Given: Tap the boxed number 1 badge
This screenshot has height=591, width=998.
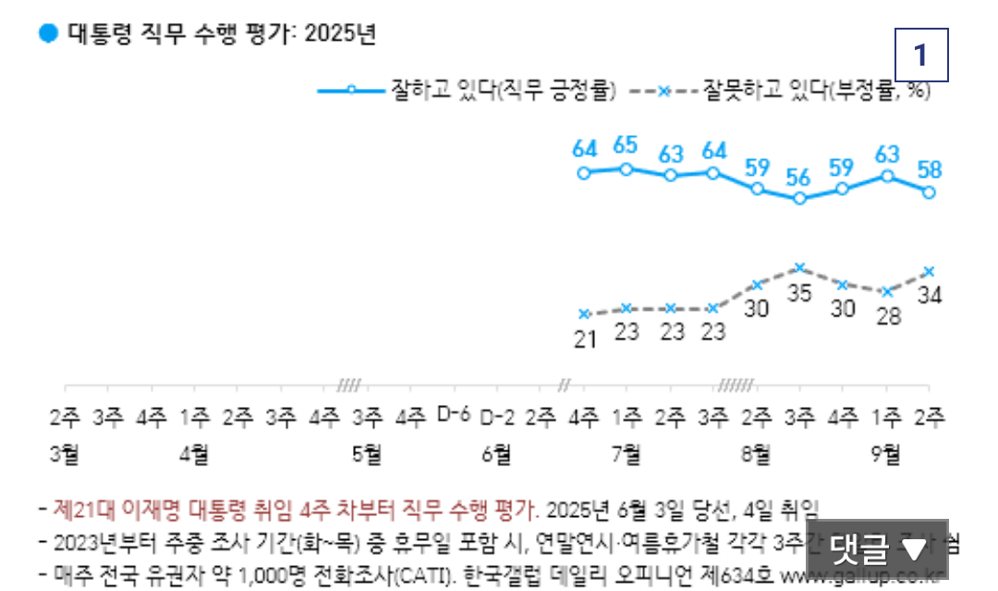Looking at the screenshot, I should click(920, 56).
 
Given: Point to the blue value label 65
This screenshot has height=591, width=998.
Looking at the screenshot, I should click(626, 146).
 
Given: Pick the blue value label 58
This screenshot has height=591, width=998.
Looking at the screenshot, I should click(930, 169).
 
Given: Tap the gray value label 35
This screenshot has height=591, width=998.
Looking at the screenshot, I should click(800, 292).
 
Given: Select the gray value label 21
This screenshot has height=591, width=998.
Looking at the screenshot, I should click(583, 339).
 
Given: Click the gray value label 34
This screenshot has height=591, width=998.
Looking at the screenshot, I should click(930, 296).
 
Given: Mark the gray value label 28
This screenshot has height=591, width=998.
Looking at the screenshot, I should click(887, 314).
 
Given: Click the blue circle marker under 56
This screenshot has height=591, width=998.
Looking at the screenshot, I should click(800, 198).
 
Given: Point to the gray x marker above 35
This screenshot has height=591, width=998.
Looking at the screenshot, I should click(800, 268).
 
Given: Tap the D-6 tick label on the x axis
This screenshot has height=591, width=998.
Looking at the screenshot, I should click(454, 415).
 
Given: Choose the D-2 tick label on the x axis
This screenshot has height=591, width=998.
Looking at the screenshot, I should click(497, 415).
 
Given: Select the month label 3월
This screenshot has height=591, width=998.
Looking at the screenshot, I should click(65, 453).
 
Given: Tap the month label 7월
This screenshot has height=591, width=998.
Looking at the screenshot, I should click(627, 453).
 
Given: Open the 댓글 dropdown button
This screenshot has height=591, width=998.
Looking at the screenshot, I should click(877, 549).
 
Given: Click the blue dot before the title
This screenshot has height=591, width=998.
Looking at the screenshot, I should click(48, 34).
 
